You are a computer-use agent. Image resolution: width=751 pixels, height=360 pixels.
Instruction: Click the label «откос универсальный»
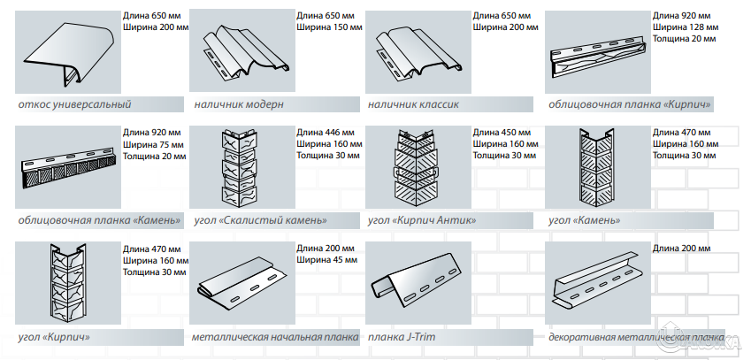tap(73, 104)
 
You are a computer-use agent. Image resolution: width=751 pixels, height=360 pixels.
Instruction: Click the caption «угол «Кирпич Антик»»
tap(422, 220)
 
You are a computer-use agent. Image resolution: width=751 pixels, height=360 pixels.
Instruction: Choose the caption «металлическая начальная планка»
tap(275, 337)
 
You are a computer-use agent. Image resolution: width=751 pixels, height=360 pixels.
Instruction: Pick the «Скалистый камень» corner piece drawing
tap(239, 167)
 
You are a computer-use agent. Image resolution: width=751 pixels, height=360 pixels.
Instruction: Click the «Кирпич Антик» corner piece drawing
tap(415, 167)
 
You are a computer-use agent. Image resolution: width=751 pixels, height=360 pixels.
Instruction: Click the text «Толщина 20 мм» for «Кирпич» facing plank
tap(685, 39)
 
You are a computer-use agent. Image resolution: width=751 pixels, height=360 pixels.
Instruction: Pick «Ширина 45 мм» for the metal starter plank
tap(326, 260)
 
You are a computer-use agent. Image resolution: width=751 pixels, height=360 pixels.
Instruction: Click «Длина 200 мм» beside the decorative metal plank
tap(681, 249)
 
